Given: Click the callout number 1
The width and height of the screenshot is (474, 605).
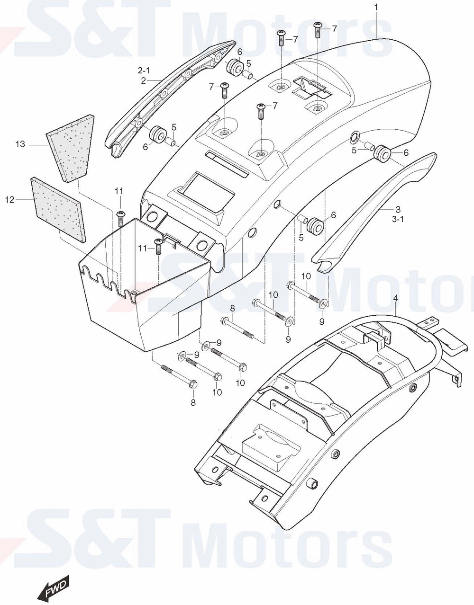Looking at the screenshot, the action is (376, 8).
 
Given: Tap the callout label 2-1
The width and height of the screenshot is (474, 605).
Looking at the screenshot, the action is (144, 71).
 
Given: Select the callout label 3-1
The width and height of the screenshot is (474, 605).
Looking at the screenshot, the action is (398, 219).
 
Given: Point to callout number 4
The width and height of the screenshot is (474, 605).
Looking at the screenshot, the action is (396, 298).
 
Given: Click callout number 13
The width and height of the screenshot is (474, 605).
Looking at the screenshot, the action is (20, 144).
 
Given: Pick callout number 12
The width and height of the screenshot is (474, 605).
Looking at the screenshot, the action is (10, 200).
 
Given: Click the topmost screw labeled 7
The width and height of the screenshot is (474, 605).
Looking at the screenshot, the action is (318, 29).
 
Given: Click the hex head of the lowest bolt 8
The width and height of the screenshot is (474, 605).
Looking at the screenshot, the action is (193, 384).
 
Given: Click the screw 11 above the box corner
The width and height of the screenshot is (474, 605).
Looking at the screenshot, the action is (121, 219).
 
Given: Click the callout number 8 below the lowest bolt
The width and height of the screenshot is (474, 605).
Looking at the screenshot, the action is (193, 402).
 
